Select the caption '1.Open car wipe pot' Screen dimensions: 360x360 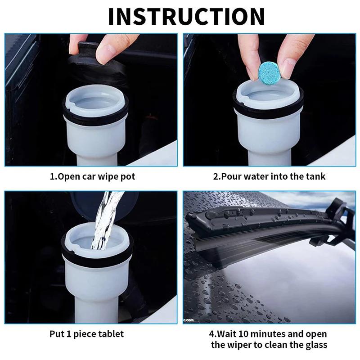point(92,176)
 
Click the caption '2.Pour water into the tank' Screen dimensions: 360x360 point(269,176)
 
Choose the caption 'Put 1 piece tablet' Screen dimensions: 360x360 point(86,334)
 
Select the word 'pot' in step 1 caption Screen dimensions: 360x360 point(127,177)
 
